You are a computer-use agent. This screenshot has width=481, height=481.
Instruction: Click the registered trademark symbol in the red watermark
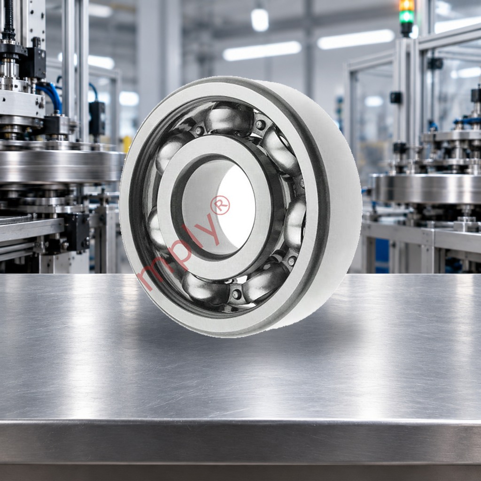coord(220,205)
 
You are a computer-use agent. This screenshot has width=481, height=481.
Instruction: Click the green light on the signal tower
coord(407,16)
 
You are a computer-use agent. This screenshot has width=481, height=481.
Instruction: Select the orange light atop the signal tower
coord(407,5)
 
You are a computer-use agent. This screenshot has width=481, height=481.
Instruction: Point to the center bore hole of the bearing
coord(218,207)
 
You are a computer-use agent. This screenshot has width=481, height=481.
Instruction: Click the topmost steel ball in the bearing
coord(229,118)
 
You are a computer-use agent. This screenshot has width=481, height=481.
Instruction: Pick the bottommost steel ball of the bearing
coord(205,289)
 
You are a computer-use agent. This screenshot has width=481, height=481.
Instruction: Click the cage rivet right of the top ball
coord(260,124)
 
